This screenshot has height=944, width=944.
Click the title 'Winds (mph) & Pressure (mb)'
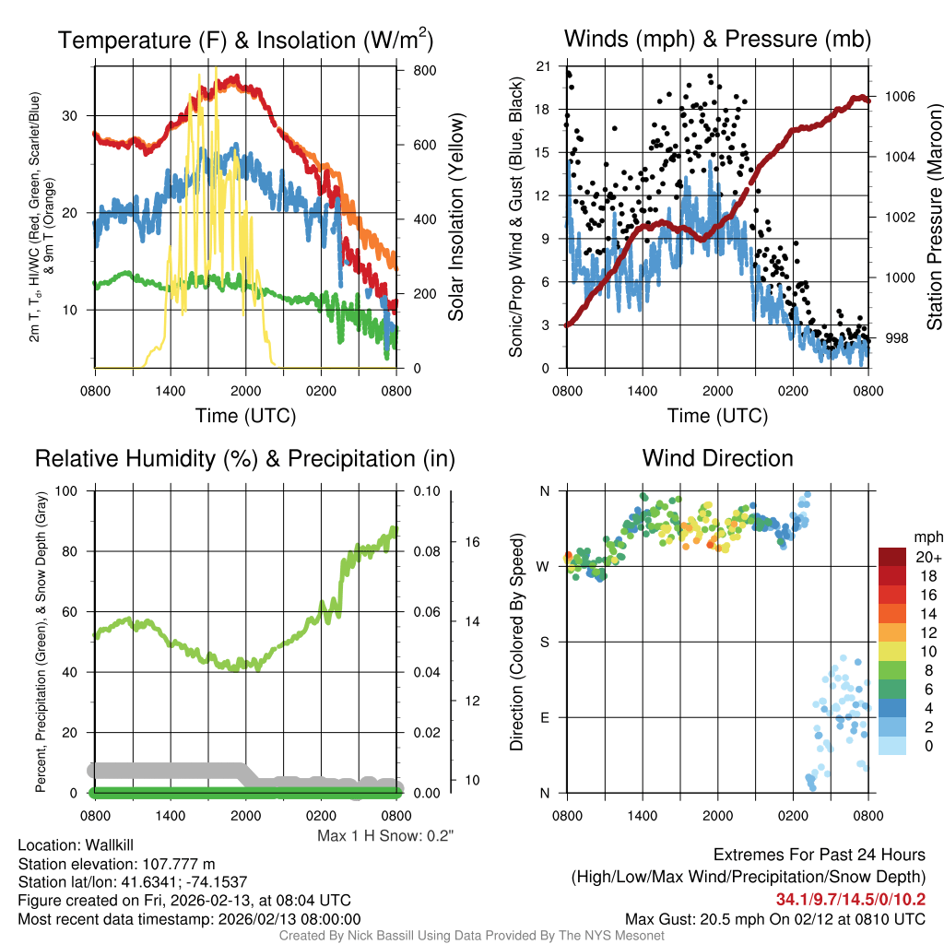(717, 39)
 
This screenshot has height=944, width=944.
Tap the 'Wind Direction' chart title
(717, 458)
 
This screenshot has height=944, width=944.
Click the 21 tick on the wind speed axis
(543, 66)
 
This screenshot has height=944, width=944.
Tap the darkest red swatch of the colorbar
(892, 557)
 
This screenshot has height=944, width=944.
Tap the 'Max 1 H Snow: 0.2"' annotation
(385, 836)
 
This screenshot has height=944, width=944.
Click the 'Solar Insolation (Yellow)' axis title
(455, 218)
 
